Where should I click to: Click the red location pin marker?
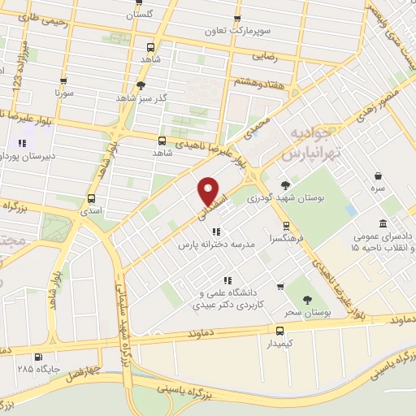[x=210, y=192]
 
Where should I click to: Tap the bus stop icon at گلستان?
[x=135, y=2]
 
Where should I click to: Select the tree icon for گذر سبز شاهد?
[x=141, y=84]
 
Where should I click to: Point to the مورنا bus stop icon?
[x=63, y=81]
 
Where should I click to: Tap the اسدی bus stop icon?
[x=91, y=197]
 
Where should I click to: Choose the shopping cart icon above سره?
[x=379, y=176]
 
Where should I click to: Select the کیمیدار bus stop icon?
[x=279, y=330]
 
